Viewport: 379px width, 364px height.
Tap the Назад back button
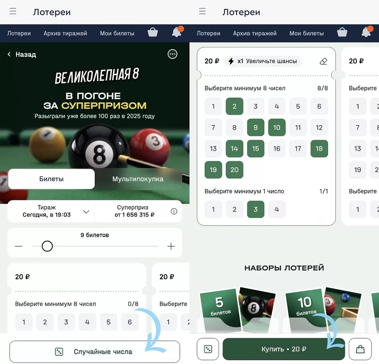(x=22, y=55)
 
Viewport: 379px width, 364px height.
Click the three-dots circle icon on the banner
(x=172, y=54)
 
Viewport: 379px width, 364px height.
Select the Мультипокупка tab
(x=138, y=179)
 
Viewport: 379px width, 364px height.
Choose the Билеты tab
(x=51, y=179)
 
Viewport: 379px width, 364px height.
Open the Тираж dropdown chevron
(x=86, y=212)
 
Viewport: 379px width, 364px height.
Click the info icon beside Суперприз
(x=174, y=211)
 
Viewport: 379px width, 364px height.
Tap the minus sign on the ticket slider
(x=19, y=246)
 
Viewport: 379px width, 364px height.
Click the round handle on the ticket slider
(x=47, y=246)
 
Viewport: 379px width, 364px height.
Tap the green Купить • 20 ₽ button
(x=284, y=349)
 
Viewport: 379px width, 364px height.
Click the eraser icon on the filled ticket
(x=323, y=61)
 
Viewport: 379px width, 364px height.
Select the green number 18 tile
(x=319, y=149)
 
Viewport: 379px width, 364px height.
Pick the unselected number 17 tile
(x=298, y=149)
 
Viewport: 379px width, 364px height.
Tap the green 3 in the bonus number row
(x=256, y=210)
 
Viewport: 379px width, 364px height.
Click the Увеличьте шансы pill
(x=263, y=61)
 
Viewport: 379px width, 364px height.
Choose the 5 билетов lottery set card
(x=238, y=311)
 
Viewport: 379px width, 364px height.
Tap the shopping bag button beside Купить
(x=360, y=349)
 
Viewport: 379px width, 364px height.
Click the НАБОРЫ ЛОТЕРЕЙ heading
(x=284, y=268)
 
